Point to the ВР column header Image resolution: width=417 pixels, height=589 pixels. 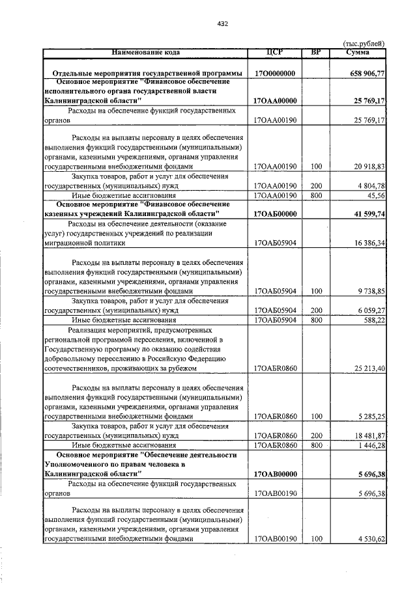click(x=316, y=52)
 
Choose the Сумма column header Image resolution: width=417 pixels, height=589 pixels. click(x=358, y=52)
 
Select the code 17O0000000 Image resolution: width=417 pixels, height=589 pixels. click(x=275, y=74)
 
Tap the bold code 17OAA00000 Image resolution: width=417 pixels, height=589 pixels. click(x=275, y=101)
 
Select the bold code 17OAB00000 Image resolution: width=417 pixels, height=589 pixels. click(x=275, y=474)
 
